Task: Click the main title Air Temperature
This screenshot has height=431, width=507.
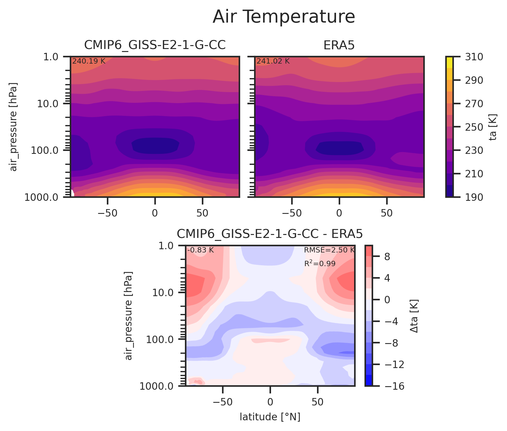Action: click(284, 17)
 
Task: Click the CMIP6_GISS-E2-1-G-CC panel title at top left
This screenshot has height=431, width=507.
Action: click(155, 45)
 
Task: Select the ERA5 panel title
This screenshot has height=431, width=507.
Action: click(339, 45)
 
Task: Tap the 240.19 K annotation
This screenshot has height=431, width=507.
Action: click(89, 61)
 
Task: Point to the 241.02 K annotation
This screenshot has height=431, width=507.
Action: click(273, 61)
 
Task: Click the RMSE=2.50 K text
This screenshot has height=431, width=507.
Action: click(329, 250)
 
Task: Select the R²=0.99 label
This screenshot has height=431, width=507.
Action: click(320, 263)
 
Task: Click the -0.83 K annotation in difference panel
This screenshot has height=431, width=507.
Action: click(200, 250)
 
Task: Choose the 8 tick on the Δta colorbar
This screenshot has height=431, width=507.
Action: click(387, 257)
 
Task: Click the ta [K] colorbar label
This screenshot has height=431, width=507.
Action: click(493, 127)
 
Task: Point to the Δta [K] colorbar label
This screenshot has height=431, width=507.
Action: click(414, 316)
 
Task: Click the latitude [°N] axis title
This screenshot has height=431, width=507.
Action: click(270, 417)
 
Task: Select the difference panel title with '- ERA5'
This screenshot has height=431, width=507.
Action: click(270, 234)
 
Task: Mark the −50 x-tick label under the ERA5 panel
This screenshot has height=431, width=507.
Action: click(292, 213)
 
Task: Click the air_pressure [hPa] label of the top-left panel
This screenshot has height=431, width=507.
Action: click(13, 127)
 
